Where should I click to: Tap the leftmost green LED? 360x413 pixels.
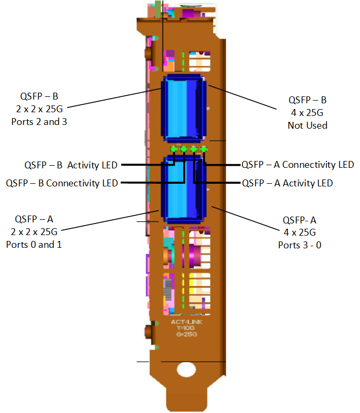pos(174,149)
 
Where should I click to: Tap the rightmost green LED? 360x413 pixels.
pos(203,149)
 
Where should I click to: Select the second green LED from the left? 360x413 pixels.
pos(183,149)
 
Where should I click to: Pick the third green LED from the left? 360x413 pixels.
pos(193,149)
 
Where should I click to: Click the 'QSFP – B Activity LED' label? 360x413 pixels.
pos(71,165)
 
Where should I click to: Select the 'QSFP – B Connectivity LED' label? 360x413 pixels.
pos(62,183)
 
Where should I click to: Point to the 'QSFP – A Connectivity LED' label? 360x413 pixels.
pos(298,165)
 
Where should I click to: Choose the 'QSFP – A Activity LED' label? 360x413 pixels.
pos(287,183)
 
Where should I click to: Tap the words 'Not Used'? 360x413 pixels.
pos(308,125)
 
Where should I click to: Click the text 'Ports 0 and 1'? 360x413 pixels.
pos(34,245)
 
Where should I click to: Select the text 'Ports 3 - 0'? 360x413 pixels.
pos(300,245)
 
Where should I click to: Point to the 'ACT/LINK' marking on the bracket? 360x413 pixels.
pos(187,322)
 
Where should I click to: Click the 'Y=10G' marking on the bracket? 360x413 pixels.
pos(187,328)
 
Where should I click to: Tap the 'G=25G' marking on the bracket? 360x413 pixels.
pos(187,335)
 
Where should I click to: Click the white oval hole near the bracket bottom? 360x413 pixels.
pos(186,369)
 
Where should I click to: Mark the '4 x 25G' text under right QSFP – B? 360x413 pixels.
pos(308,112)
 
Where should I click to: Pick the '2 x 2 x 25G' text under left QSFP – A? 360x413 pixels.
pos(34,231)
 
